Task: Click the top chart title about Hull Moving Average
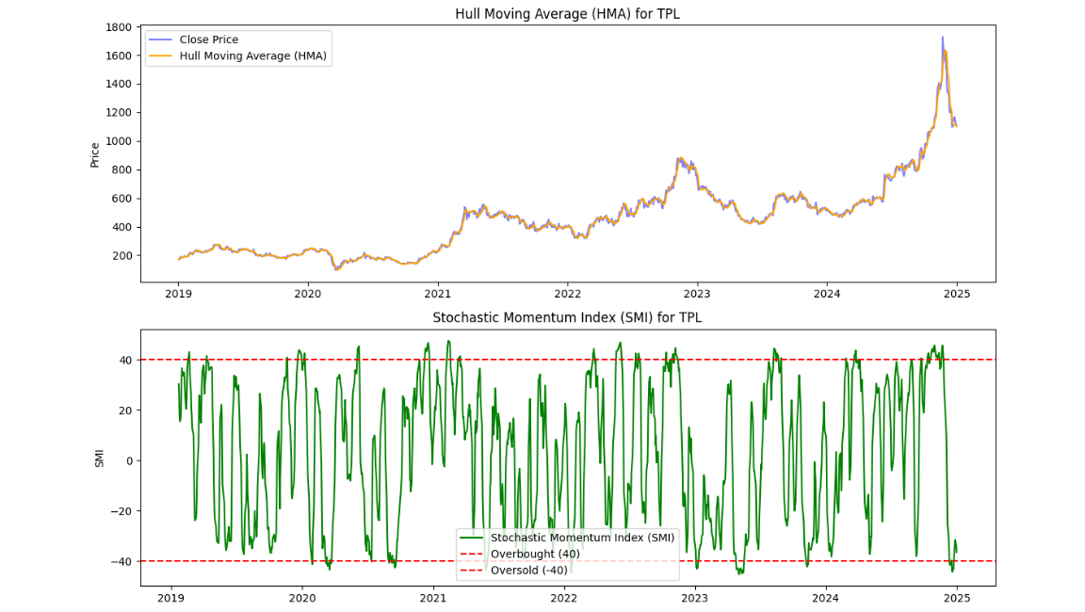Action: pos(567,14)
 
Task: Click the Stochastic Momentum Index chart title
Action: pos(567,318)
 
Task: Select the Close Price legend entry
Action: pos(208,40)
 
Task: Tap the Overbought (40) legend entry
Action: pos(535,554)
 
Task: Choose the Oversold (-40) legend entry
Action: pos(529,570)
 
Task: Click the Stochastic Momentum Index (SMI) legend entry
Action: pos(582,538)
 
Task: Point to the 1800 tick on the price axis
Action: pos(118,27)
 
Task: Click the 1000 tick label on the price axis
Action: pos(118,141)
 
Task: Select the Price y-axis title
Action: pos(95,153)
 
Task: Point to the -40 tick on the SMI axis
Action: pos(121,561)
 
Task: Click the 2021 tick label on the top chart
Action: pos(437,293)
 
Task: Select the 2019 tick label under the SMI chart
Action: pos(170,597)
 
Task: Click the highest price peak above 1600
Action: pos(942,38)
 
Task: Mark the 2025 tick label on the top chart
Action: pos(956,293)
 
